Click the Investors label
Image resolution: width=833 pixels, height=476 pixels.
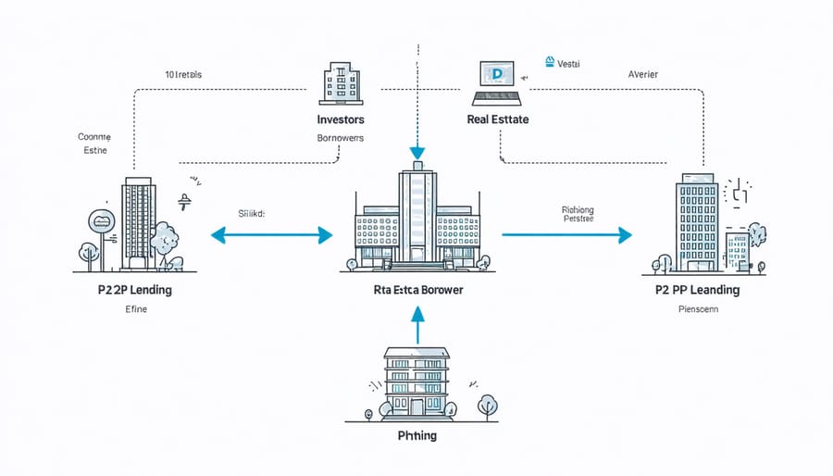[x=340, y=119]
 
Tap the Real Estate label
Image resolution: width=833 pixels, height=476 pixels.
[x=499, y=119]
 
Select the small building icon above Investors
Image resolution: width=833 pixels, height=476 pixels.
[x=340, y=83]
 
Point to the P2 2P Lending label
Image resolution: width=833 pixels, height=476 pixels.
[x=135, y=290]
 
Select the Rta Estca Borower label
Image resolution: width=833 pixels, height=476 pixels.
[x=417, y=290]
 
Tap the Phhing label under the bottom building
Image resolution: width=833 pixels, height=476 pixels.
[x=416, y=434]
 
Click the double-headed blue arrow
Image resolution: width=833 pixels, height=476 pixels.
[x=271, y=235]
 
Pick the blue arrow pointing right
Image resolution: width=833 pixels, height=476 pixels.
[x=566, y=235]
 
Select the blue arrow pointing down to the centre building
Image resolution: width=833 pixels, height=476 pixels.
[x=416, y=139]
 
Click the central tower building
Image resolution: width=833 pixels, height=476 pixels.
[x=416, y=217]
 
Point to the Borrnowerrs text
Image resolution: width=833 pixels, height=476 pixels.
[x=340, y=138]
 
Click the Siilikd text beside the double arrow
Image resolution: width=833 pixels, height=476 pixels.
[x=251, y=213]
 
